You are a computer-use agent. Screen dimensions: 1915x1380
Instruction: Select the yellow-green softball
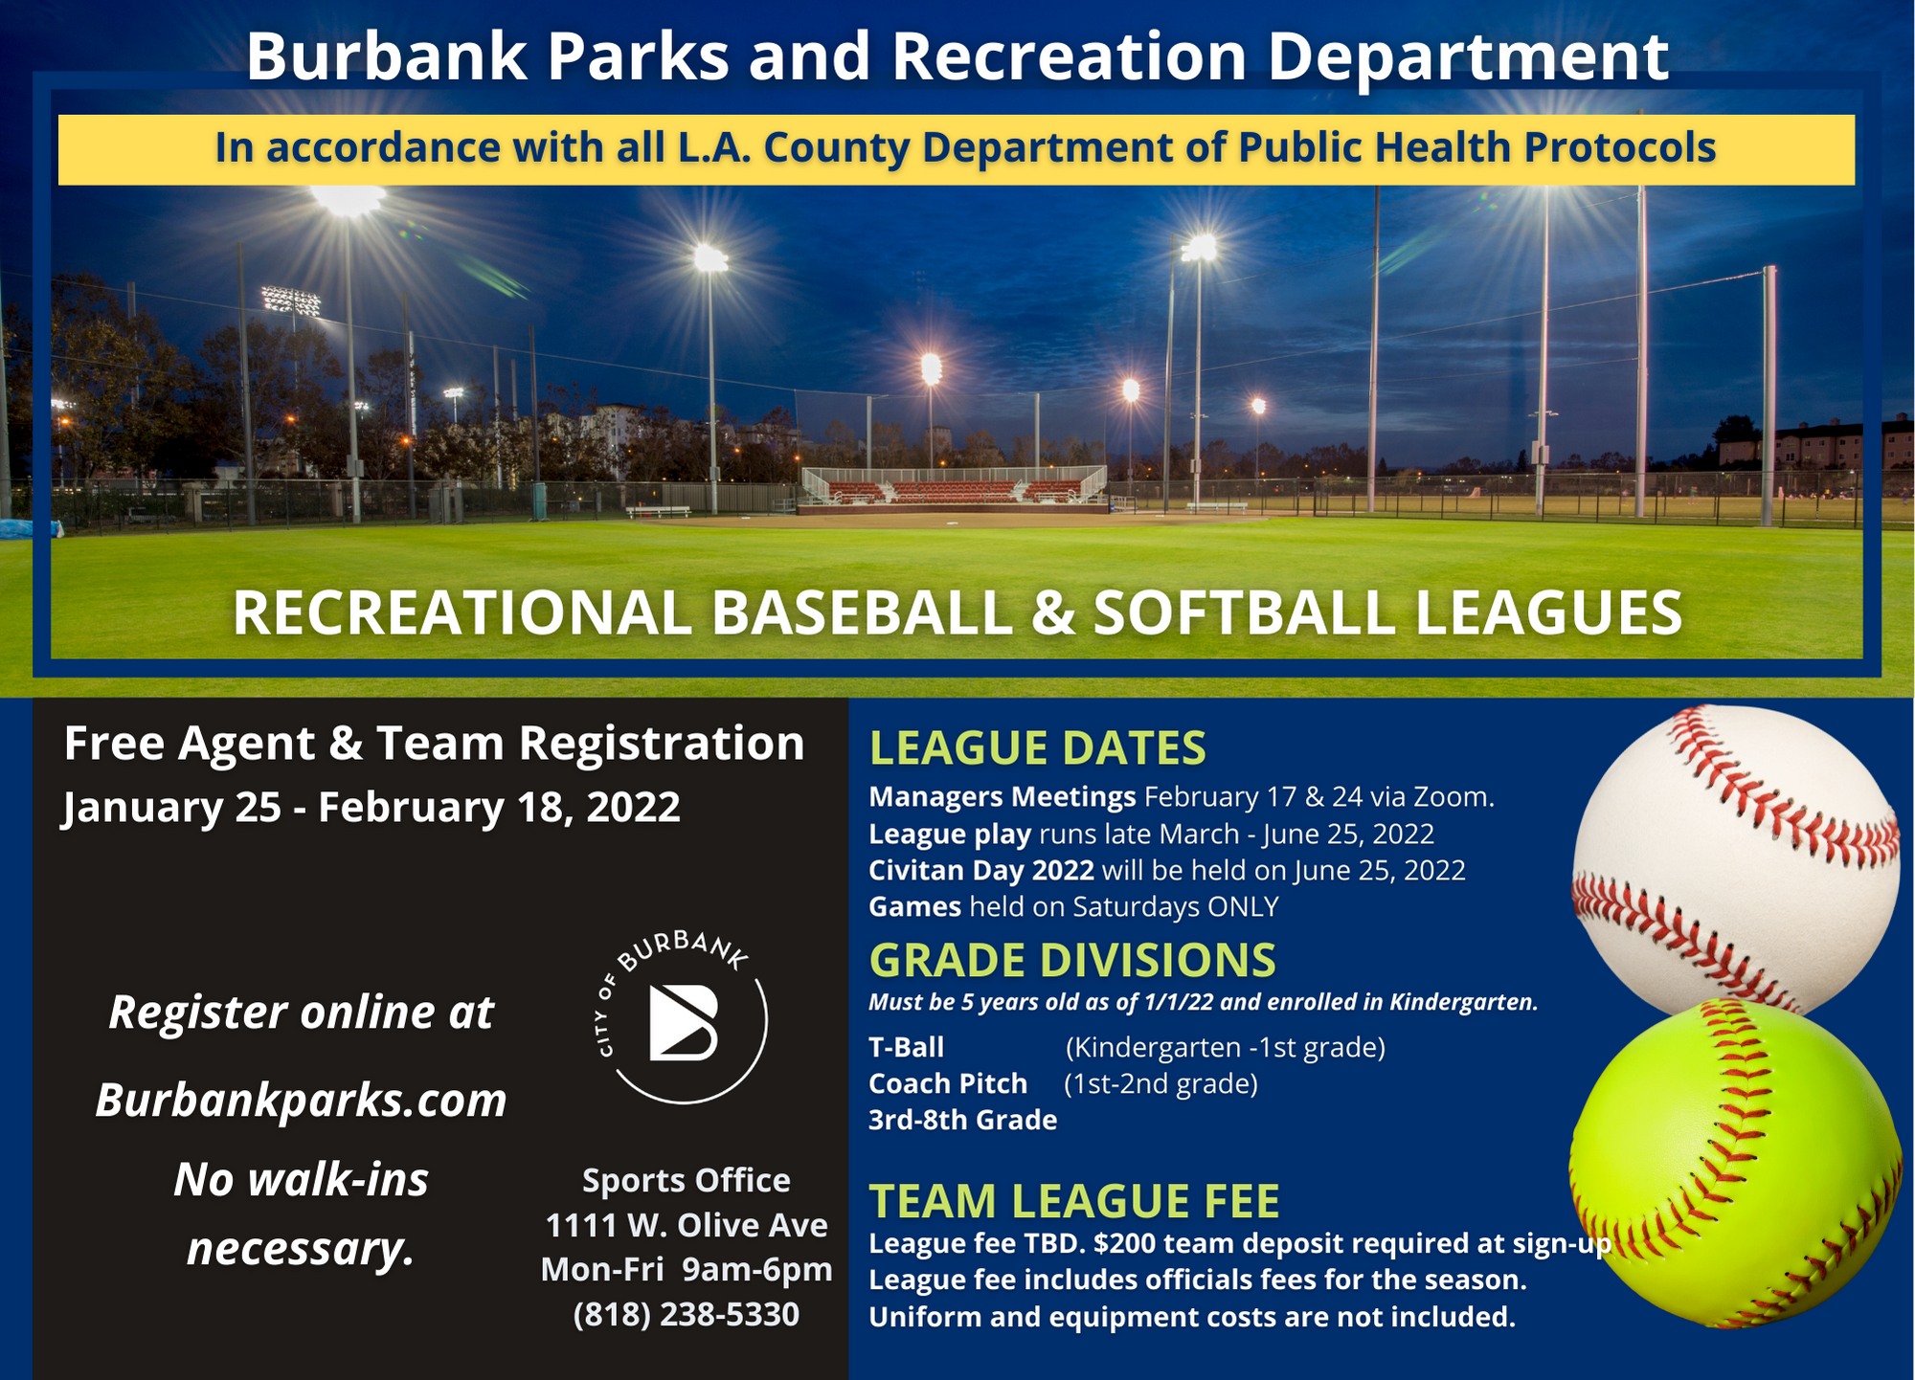[1736, 1164]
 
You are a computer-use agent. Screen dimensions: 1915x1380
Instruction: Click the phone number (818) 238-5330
[687, 1314]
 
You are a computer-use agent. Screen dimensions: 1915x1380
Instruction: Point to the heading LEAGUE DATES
[1037, 747]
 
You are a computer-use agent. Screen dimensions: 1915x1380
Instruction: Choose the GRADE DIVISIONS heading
[1072, 960]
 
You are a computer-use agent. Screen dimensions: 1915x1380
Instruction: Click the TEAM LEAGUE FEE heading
[1074, 1201]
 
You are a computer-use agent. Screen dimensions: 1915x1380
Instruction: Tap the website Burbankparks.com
[301, 1100]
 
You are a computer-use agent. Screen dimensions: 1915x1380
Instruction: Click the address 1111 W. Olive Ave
[687, 1225]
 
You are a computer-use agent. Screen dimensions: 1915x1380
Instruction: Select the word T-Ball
[906, 1047]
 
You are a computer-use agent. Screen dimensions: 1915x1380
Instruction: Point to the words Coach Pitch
[948, 1083]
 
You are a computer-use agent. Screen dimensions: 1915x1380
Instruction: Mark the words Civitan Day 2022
[981, 870]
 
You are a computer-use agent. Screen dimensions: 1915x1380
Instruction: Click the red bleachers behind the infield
[954, 492]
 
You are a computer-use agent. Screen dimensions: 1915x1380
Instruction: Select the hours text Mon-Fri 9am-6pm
[687, 1270]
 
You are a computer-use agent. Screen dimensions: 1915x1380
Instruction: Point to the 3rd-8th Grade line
[962, 1120]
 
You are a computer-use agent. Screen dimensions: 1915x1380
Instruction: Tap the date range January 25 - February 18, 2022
[372, 807]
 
